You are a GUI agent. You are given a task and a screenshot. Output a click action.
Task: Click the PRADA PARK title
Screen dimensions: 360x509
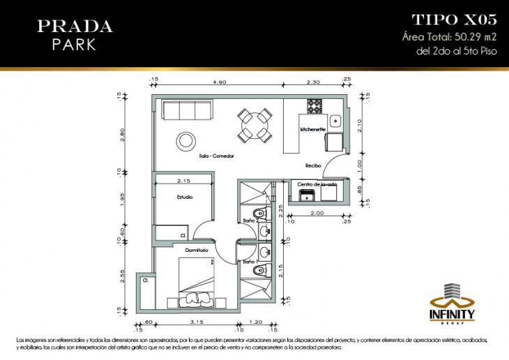point(75,35)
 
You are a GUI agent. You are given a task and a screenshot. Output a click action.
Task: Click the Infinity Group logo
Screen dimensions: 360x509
point(455,303)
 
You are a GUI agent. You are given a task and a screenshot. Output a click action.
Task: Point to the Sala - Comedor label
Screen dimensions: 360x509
point(215,156)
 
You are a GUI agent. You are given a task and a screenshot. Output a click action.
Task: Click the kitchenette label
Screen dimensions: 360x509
point(313,130)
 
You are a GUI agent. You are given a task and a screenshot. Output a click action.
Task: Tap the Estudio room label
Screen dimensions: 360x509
point(184,197)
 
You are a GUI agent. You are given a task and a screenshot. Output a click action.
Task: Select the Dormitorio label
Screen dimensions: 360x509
point(197,248)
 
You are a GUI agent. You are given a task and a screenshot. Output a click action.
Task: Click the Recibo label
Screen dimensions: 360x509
point(313,165)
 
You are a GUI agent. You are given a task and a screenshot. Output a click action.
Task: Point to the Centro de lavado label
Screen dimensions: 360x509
point(317,184)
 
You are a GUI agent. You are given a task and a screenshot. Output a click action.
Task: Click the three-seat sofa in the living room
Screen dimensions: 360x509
point(187,110)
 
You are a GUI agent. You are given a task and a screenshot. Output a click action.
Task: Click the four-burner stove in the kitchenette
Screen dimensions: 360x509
point(314,107)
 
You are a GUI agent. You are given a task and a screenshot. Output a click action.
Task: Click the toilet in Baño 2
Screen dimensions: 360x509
point(259,212)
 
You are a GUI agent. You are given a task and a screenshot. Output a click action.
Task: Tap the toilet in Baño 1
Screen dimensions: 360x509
point(258,271)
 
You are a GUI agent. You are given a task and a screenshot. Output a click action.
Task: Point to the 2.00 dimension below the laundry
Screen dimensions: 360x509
point(317,213)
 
